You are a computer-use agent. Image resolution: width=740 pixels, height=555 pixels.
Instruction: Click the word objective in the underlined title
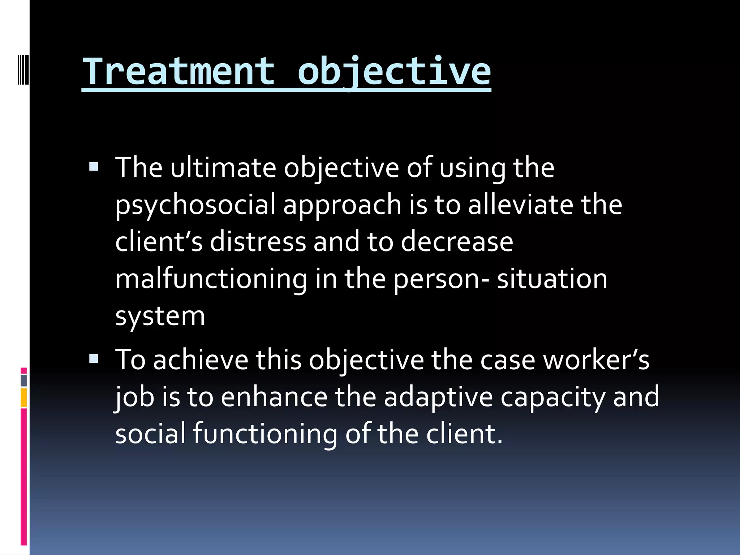tap(394, 71)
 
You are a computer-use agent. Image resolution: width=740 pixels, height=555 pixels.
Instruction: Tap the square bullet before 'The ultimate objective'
tap(94, 167)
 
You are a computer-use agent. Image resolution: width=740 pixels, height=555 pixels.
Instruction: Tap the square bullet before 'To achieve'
tap(94, 359)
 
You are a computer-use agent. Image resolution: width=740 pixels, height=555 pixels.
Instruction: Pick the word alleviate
tap(521, 205)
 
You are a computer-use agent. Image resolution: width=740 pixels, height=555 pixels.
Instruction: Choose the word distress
tap(258, 242)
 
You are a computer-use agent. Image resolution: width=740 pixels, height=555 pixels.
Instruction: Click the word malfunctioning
tap(211, 279)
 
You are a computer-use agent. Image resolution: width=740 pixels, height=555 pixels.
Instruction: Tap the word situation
tap(552, 279)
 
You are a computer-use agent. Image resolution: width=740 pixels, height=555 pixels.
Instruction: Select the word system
tap(160, 317)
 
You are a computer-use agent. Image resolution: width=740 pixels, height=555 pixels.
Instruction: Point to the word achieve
tap(201, 360)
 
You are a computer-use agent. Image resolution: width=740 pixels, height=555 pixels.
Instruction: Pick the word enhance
tap(274, 397)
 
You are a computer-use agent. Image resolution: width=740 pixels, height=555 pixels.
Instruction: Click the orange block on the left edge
tap(24, 397)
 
